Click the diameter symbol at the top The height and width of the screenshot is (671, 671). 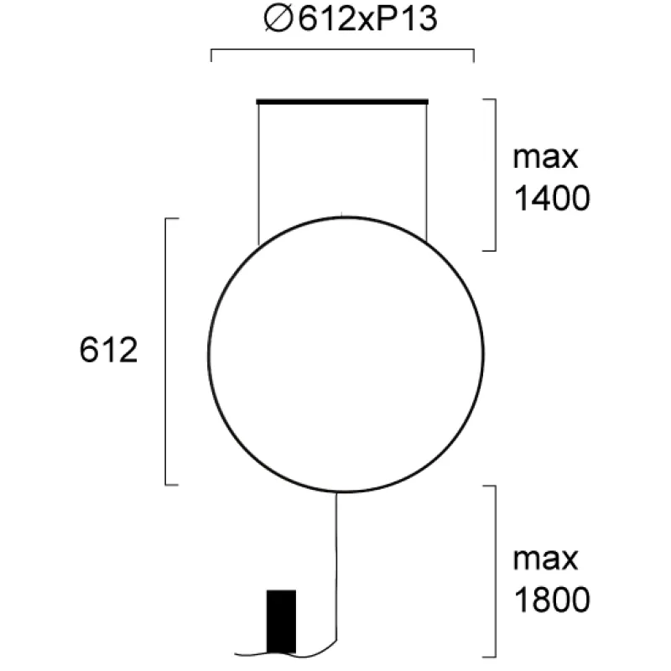pos(278,19)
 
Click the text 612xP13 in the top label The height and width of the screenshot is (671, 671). pos(367,19)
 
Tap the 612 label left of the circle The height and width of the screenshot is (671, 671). pos(109,350)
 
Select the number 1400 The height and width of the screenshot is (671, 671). pos(552,199)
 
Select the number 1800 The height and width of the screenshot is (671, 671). pos(552,600)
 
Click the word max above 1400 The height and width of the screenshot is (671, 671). pos(546,158)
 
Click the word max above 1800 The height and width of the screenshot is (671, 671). pos(546,559)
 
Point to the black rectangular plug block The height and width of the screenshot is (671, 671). pos(281,622)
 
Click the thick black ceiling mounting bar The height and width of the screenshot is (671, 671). pos(342,101)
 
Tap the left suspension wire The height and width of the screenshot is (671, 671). pos(258,174)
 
